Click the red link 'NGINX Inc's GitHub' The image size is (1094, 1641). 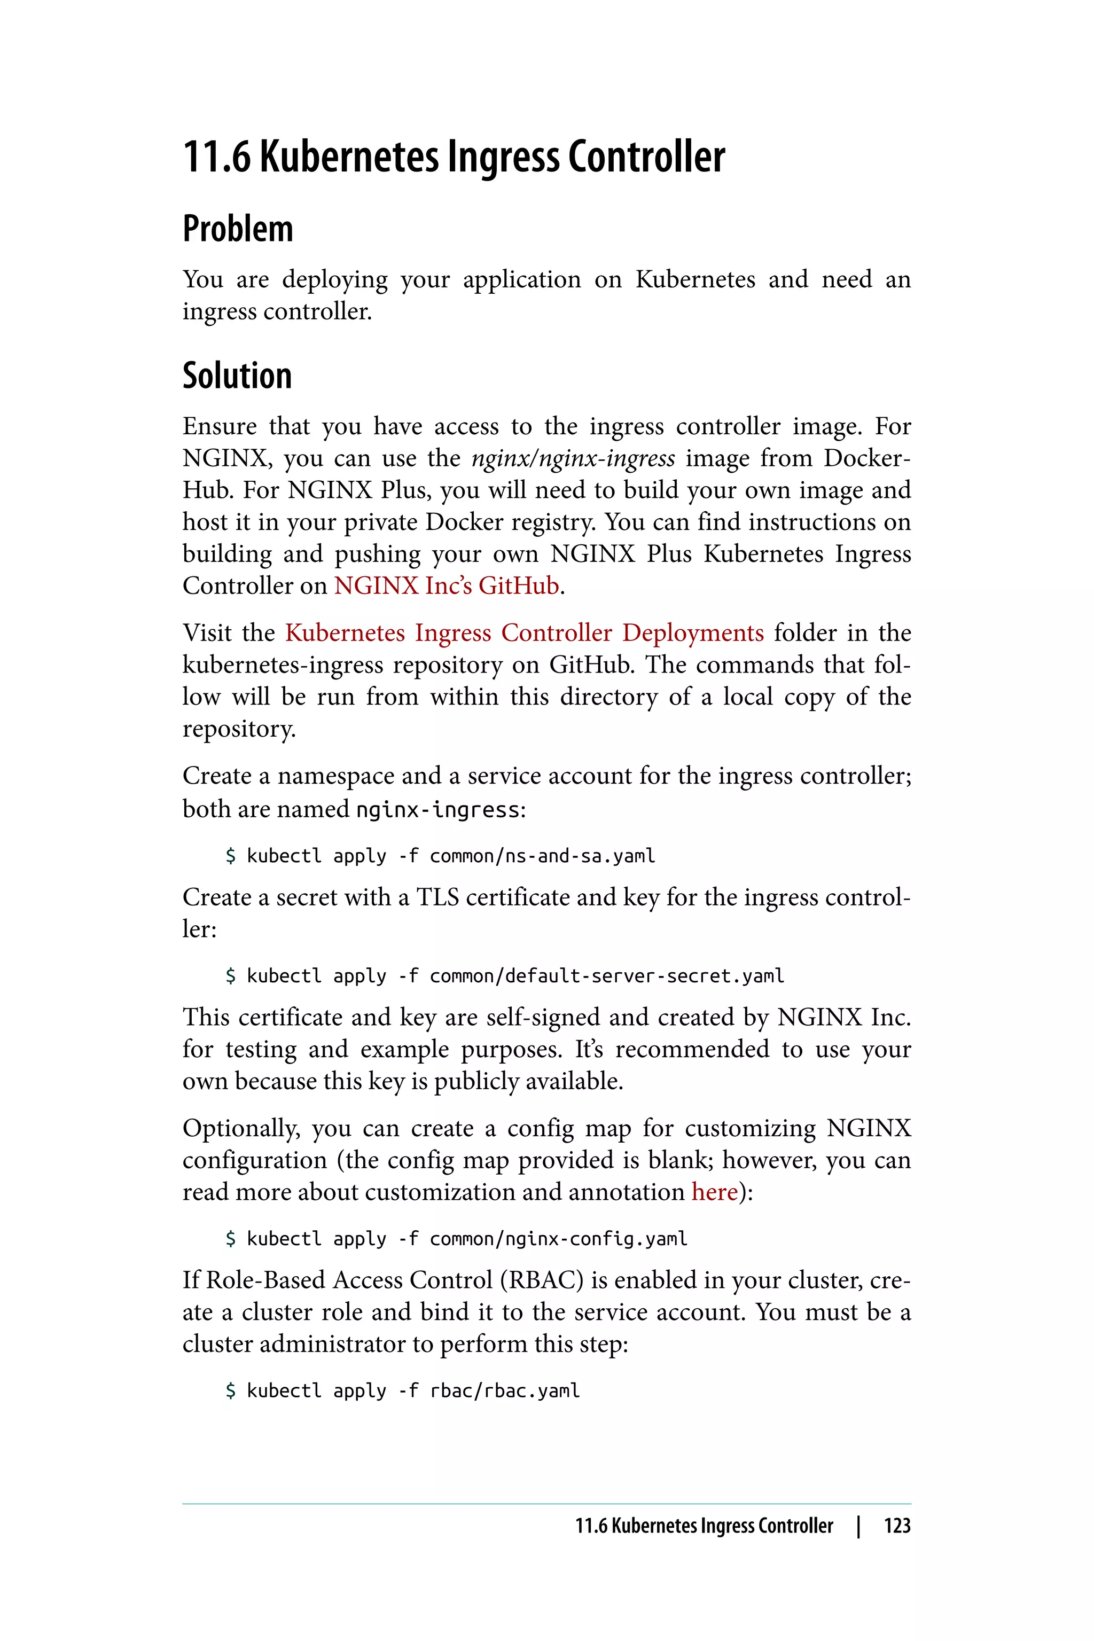pyautogui.click(x=447, y=585)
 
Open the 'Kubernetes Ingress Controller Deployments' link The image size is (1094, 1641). pyautogui.click(x=524, y=633)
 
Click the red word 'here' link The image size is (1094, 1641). pyautogui.click(x=714, y=1192)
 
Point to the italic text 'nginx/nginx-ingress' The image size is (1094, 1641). pyautogui.click(x=573, y=458)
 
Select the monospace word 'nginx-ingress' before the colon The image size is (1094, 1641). pyautogui.click(x=437, y=810)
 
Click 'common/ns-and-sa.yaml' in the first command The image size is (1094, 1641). pyautogui.click(x=542, y=856)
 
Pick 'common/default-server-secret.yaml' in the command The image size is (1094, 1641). pyautogui.click(x=606, y=975)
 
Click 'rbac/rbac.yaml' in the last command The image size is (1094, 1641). pyautogui.click(x=504, y=1390)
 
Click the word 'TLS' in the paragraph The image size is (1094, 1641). pyautogui.click(x=437, y=897)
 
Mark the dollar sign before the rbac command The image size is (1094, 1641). pyautogui.click(x=231, y=1390)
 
